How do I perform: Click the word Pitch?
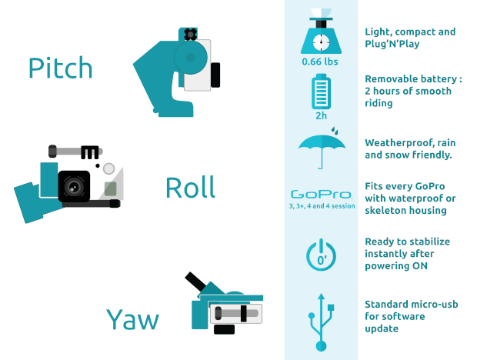tap(60, 68)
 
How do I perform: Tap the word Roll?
tap(191, 187)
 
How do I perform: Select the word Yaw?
tap(132, 319)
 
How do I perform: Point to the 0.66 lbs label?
tap(320, 62)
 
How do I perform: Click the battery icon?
tap(322, 92)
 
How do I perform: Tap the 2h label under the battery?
tap(322, 116)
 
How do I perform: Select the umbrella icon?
tap(322, 148)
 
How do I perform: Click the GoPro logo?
tap(322, 195)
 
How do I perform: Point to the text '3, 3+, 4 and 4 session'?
tap(322, 206)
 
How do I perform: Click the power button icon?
tap(322, 255)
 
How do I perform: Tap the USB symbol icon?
tap(322, 322)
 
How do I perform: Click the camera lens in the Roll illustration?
tap(74, 186)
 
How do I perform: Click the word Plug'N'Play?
tap(392, 44)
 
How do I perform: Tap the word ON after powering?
tap(420, 266)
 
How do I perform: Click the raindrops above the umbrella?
tap(335, 131)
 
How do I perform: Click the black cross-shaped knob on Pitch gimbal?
tap(191, 35)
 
